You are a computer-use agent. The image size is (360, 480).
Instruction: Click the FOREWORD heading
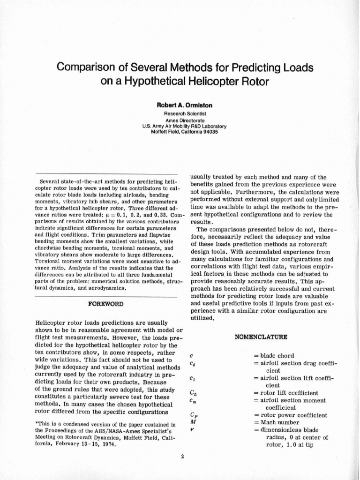106,304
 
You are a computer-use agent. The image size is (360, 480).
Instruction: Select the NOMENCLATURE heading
262,337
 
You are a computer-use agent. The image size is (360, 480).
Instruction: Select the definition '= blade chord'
274,356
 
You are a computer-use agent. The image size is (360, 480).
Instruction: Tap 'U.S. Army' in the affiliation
153,126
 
